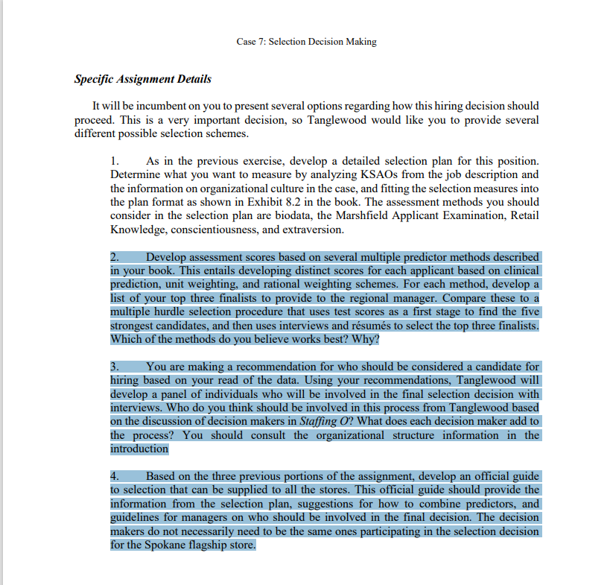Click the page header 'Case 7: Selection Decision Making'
coord(306,42)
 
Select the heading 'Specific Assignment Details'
coord(143,79)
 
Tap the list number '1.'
coord(115,161)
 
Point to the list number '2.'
coord(115,257)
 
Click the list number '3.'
coord(115,367)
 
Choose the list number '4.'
coord(115,476)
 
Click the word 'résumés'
coord(416,325)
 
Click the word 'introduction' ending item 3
coord(139,449)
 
